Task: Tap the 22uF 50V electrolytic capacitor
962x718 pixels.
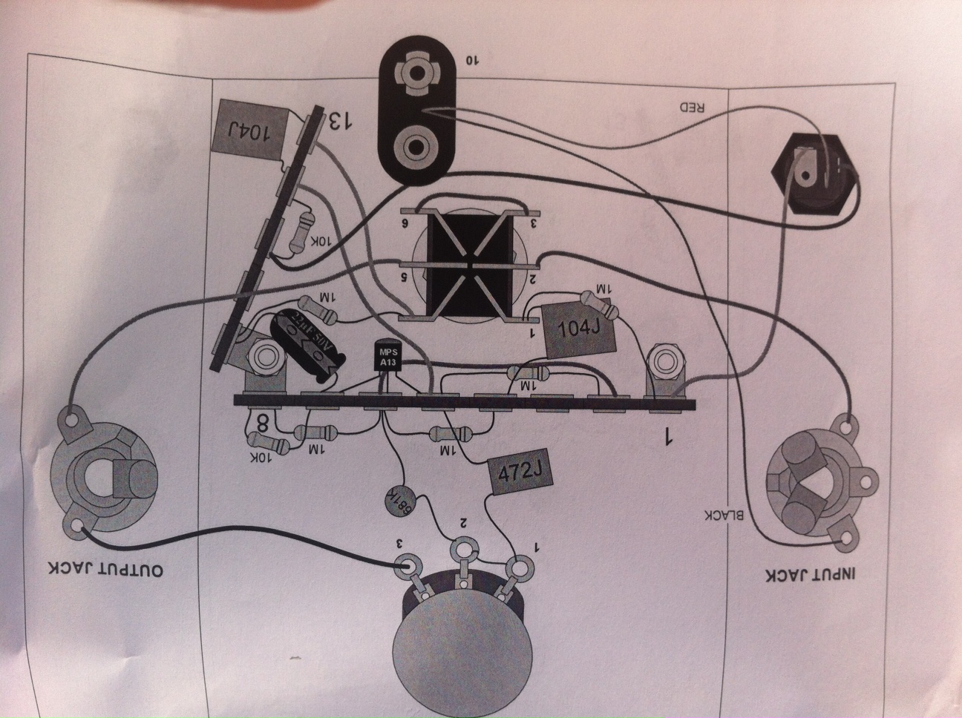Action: [x=307, y=344]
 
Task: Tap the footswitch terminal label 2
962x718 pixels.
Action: [x=533, y=279]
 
